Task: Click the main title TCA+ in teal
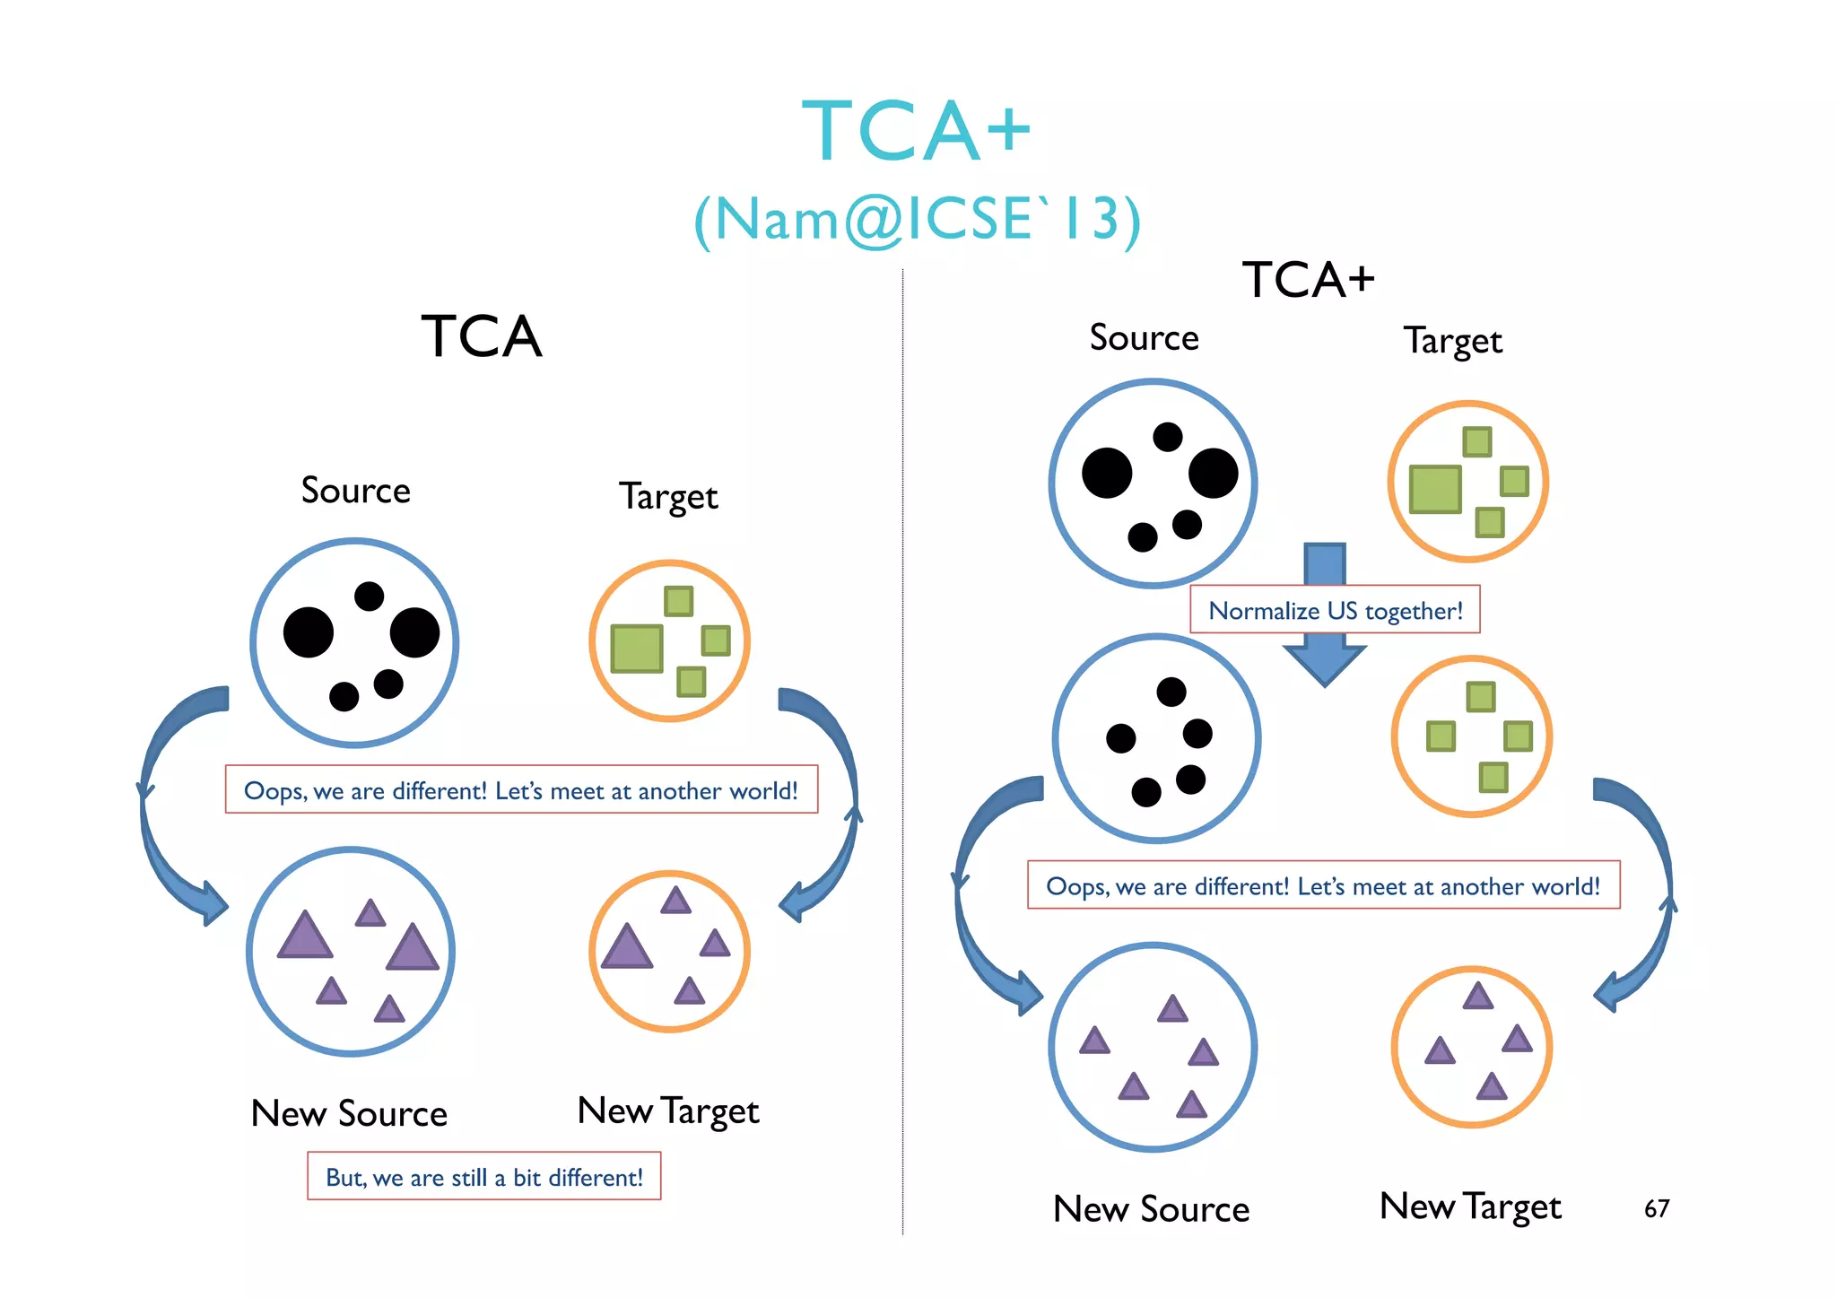pos(916,133)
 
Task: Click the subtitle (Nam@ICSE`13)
pos(917,220)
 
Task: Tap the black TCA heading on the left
pos(482,337)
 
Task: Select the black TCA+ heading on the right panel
pos(1307,280)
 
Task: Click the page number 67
pos(1656,1208)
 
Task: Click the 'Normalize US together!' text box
pos(1335,611)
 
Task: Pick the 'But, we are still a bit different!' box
pos(483,1177)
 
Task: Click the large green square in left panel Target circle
pos(636,649)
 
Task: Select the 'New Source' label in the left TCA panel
pos(349,1113)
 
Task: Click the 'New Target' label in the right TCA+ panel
pos(1470,1207)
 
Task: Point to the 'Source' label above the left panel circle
pos(355,491)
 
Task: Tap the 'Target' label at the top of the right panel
pos(1452,341)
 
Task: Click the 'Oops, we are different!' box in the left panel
pos(521,790)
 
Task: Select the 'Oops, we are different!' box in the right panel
pos(1323,885)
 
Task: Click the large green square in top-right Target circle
pos(1434,489)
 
